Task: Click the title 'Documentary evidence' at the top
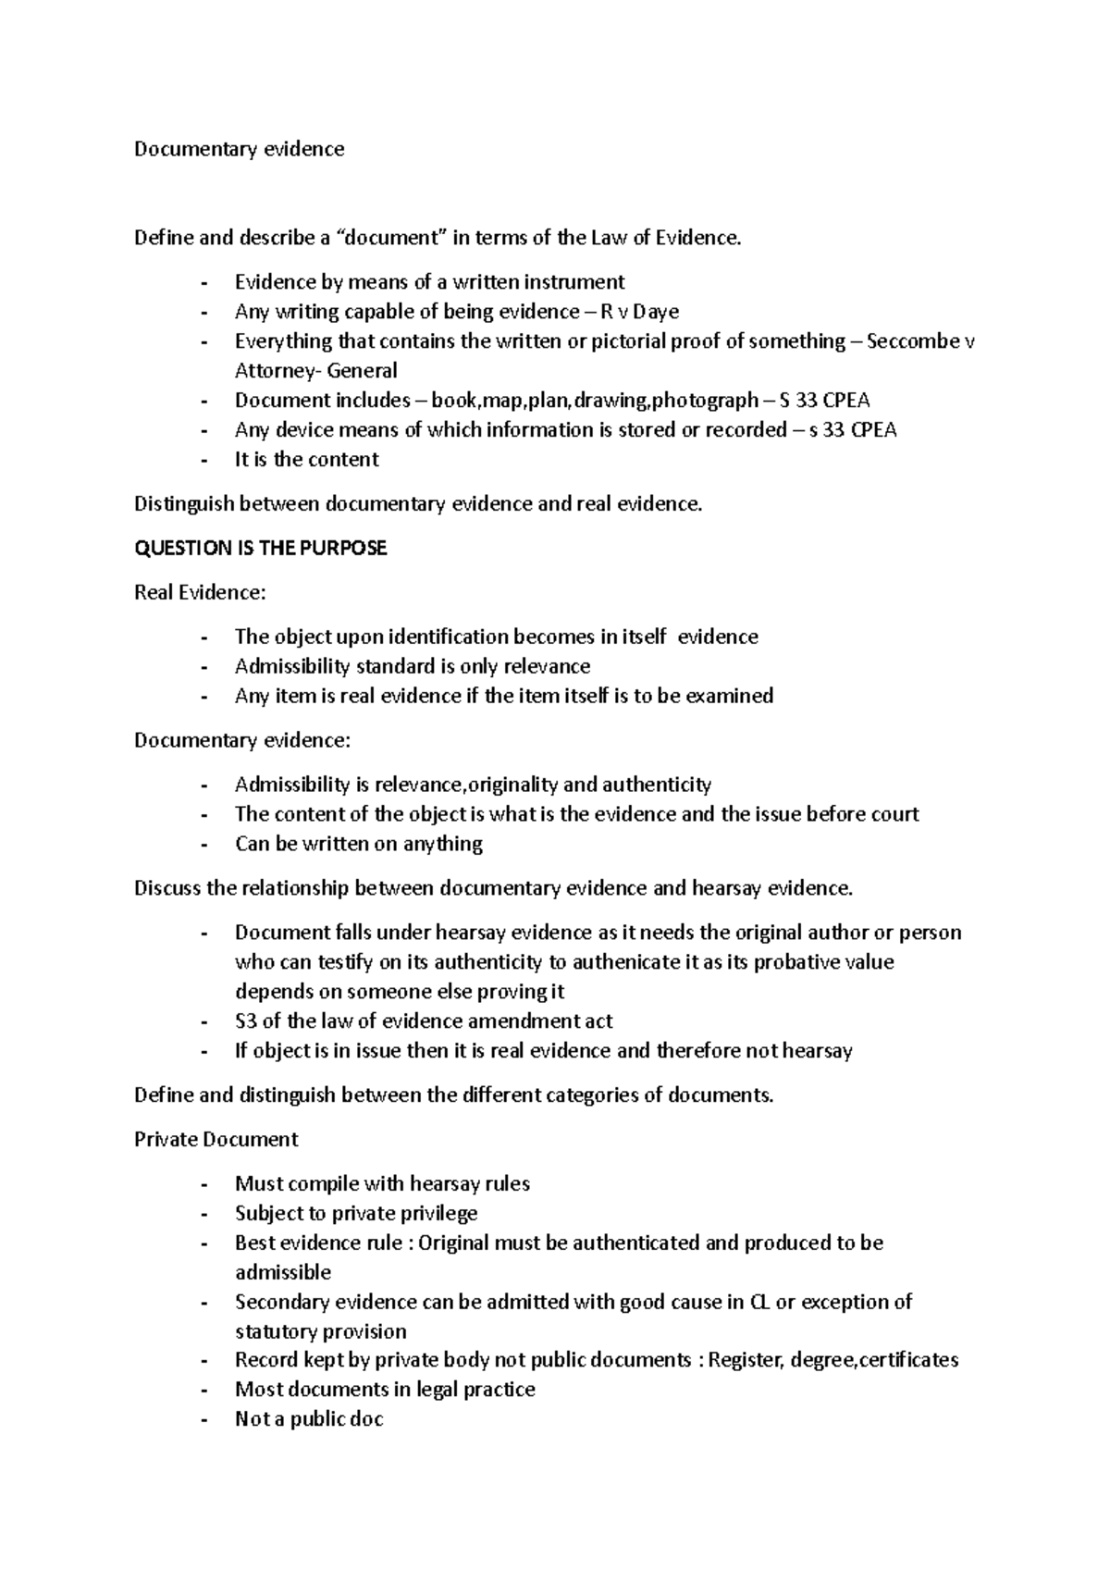pos(239,149)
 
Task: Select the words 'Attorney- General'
pos(315,371)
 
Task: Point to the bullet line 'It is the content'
pos(306,460)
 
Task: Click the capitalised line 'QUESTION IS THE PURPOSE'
pos(260,549)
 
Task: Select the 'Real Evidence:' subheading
pos(199,593)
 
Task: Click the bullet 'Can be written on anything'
pos(358,844)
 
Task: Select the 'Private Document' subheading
pos(216,1140)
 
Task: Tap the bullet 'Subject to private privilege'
pos(356,1213)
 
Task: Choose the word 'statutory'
pos(275,1331)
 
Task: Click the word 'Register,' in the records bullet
pos(746,1360)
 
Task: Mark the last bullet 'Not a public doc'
pos(308,1419)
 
